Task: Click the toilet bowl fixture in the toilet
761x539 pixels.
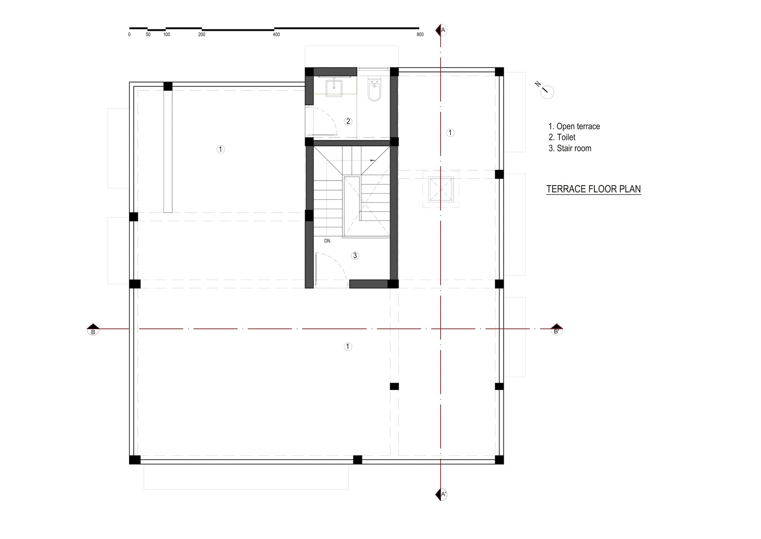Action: tap(374, 90)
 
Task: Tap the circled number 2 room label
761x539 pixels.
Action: tap(348, 121)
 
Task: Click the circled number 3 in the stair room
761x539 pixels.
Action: tap(355, 256)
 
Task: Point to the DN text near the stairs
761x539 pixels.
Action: tap(327, 241)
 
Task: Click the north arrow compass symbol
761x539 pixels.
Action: tap(547, 91)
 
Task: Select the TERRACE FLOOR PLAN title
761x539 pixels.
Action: tap(593, 189)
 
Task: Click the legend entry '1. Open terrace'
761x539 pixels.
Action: tap(574, 126)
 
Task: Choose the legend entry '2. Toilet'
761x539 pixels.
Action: tap(562, 138)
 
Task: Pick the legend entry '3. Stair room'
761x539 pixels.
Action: tap(570, 149)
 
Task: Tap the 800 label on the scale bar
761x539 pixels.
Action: tap(420, 35)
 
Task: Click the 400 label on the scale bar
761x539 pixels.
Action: tap(276, 35)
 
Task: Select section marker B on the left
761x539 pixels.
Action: tap(93, 330)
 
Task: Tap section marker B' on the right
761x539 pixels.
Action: tap(556, 330)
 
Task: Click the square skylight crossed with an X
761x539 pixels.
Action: tap(441, 189)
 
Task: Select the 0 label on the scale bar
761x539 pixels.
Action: tap(129, 35)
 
